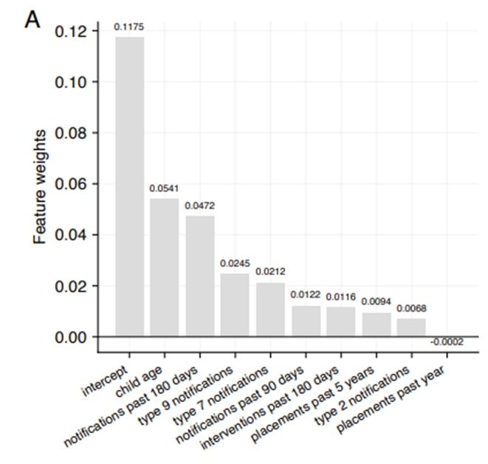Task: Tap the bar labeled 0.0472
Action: pyautogui.click(x=200, y=276)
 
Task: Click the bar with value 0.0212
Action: pyautogui.click(x=270, y=310)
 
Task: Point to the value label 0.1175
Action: pyautogui.click(x=129, y=27)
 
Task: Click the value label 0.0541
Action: pyautogui.click(x=165, y=188)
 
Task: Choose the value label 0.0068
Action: pyautogui.click(x=411, y=308)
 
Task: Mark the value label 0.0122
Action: pyautogui.click(x=306, y=295)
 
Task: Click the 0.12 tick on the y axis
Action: pyautogui.click(x=72, y=31)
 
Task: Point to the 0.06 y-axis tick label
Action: pyautogui.click(x=72, y=184)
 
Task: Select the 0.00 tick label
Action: pyautogui.click(x=72, y=337)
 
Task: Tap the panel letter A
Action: pyautogui.click(x=32, y=18)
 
